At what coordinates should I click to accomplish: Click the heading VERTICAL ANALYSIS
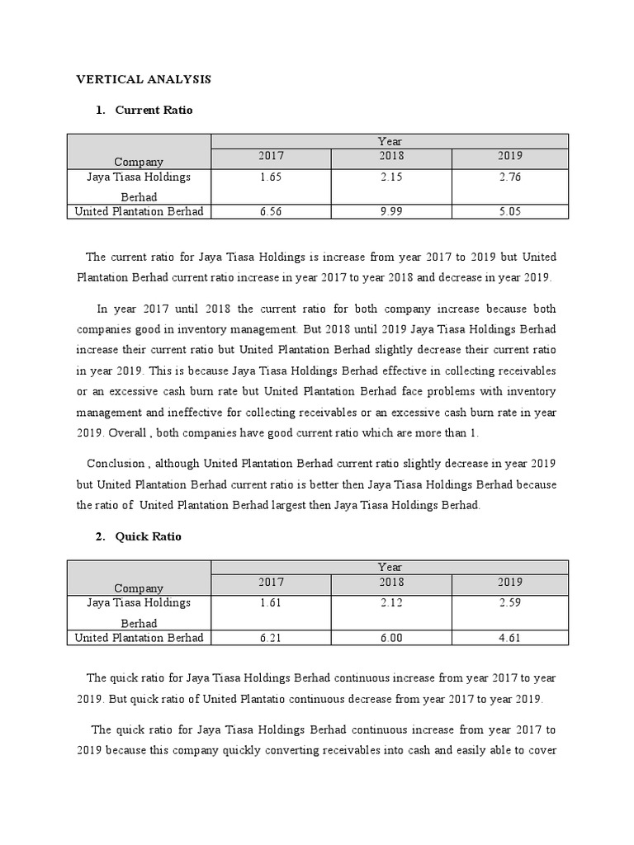[144, 79]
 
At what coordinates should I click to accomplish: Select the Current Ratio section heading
[154, 110]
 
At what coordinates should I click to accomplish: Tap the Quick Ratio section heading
[148, 536]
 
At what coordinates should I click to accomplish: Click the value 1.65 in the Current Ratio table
[271, 177]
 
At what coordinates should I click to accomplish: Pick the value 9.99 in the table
[390, 212]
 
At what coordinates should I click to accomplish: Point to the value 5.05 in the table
[509, 212]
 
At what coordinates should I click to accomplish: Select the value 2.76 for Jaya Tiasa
[509, 177]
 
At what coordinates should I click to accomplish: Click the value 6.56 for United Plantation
[271, 212]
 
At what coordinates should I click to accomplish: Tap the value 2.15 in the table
[390, 177]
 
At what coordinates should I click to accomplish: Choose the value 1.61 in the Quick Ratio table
[271, 603]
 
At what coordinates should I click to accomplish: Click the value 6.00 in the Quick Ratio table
[390, 638]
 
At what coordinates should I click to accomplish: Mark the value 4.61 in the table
[509, 638]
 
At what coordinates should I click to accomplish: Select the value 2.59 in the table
[509, 603]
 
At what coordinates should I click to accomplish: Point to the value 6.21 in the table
[271, 638]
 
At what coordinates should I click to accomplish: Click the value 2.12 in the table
[390, 603]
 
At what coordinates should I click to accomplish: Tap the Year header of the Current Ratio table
[390, 142]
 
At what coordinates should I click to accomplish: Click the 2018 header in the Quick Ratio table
[390, 583]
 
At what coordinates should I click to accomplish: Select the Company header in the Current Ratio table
[139, 162]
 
